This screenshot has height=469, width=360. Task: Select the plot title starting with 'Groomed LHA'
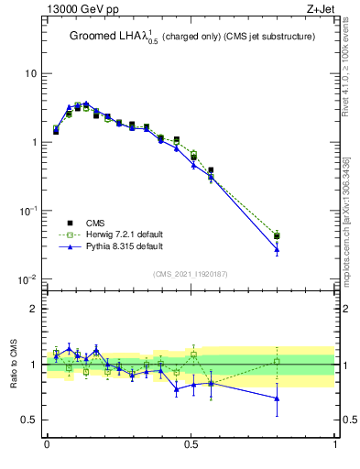191,37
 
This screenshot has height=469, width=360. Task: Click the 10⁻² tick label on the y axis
28,278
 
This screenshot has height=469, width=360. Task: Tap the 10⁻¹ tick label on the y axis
28,210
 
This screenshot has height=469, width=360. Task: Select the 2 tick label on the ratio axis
34,309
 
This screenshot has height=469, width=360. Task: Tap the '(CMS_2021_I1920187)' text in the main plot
191,274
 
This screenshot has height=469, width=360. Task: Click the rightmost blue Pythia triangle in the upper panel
277,248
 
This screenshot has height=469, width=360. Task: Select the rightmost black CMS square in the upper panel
277,236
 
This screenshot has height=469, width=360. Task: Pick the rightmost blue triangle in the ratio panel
277,398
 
